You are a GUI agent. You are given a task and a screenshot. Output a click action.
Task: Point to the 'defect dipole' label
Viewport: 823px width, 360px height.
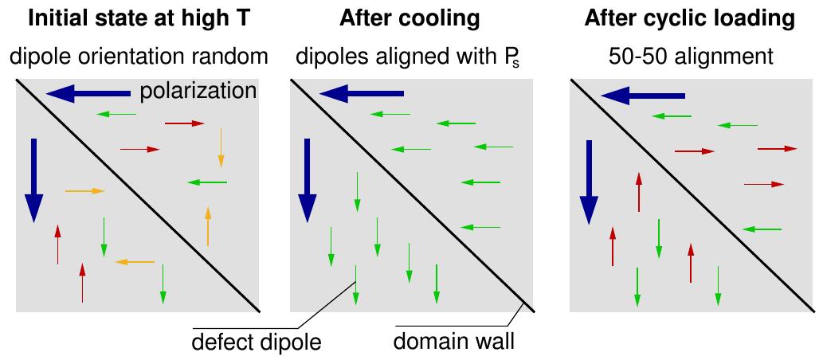click(x=256, y=343)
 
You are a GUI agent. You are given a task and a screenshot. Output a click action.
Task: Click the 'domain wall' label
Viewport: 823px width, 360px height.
click(x=454, y=343)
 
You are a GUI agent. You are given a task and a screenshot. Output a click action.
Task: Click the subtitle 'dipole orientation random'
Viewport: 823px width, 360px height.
click(x=136, y=57)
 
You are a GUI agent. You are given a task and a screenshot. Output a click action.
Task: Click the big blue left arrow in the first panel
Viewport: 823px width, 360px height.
click(x=88, y=95)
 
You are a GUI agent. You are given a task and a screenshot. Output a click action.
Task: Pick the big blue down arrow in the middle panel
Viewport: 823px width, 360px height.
click(x=307, y=180)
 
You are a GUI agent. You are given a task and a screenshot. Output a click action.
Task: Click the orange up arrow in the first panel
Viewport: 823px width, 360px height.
click(x=208, y=226)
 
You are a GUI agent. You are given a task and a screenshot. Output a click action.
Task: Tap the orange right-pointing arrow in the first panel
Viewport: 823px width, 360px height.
click(x=84, y=191)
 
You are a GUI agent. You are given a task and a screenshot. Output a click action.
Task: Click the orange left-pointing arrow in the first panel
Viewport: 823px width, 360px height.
click(x=135, y=261)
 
